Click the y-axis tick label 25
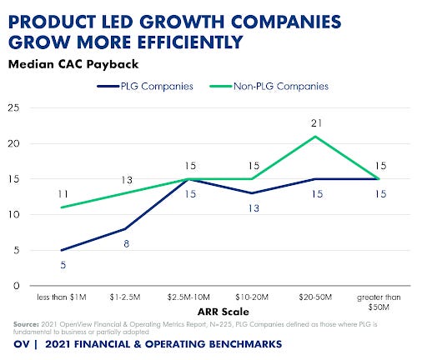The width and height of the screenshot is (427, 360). [x=12, y=107]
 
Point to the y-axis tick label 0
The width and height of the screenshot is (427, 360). [x=14, y=286]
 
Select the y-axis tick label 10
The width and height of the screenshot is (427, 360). [x=12, y=214]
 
